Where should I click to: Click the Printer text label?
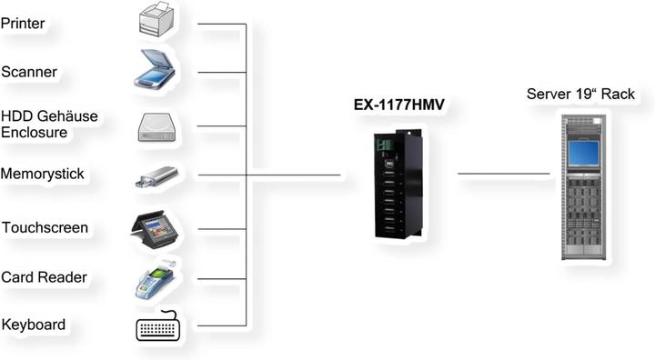click(x=23, y=23)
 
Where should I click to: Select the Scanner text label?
click(x=29, y=72)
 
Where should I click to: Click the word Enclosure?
click(x=35, y=133)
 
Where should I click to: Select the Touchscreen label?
click(x=45, y=227)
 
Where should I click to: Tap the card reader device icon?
click(x=155, y=278)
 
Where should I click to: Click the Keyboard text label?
click(x=33, y=325)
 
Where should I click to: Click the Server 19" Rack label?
click(x=580, y=95)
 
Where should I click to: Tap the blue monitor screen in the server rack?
click(x=582, y=151)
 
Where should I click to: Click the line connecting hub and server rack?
click(x=503, y=174)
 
